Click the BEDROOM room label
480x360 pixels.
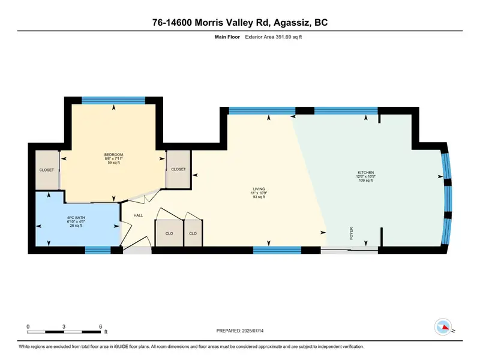113,155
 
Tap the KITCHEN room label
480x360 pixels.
366,172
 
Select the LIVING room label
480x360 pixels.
259,189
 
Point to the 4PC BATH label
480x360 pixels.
76,218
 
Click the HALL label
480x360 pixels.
138,215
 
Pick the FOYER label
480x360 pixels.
351,233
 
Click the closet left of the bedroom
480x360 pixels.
47,170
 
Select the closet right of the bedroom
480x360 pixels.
178,169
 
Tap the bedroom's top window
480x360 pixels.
113,100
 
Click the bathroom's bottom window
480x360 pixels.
98,250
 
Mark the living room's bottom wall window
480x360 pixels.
277,250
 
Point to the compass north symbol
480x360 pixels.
443,327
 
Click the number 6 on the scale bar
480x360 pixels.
100,326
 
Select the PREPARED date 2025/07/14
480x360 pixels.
253,331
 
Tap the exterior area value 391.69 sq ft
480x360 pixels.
289,37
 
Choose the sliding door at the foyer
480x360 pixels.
349,250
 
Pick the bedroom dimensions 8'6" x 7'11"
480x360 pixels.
113,158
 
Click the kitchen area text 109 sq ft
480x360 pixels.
366,181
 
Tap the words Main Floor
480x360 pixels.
227,37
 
